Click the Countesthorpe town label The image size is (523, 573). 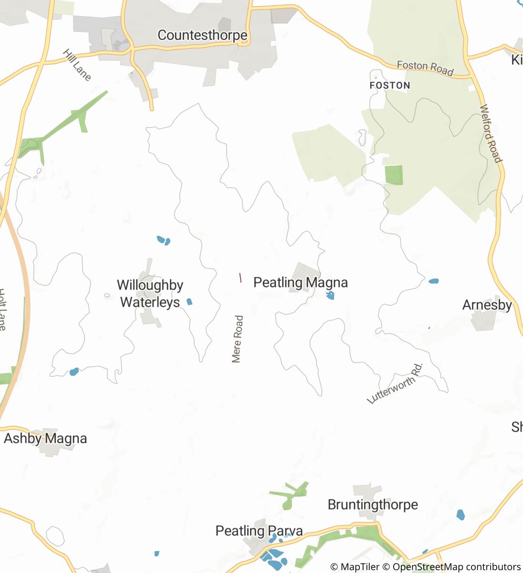pyautogui.click(x=202, y=35)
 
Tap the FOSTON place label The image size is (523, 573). pyautogui.click(x=390, y=85)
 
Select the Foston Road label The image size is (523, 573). pyautogui.click(x=425, y=68)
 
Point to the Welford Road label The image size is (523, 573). pyautogui.click(x=491, y=134)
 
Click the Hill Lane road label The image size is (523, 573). pyautogui.click(x=76, y=64)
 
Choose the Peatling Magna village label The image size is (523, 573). pyautogui.click(x=301, y=282)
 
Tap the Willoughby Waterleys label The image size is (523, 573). pyautogui.click(x=150, y=294)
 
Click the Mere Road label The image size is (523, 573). pyautogui.click(x=237, y=339)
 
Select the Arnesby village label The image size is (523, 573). pyautogui.click(x=487, y=305)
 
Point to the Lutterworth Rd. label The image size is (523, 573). pyautogui.click(x=396, y=383)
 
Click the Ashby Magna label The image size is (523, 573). pyautogui.click(x=45, y=438)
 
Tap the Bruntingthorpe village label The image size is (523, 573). pyautogui.click(x=373, y=505)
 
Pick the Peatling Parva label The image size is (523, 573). pyautogui.click(x=259, y=531)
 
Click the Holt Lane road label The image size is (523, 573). pyautogui.click(x=2, y=310)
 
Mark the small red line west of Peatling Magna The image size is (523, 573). pyautogui.click(x=240, y=277)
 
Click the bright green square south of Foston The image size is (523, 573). pyautogui.click(x=394, y=175)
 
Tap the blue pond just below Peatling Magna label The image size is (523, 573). pyautogui.click(x=330, y=296)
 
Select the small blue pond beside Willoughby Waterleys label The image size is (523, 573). pyautogui.click(x=189, y=301)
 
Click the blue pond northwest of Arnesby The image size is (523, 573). pyautogui.click(x=433, y=281)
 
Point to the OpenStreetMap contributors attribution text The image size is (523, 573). pyautogui.click(x=456, y=567)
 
